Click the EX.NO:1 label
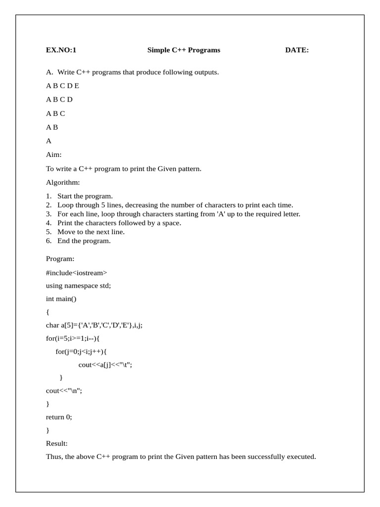click(61, 50)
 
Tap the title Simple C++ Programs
click(184, 50)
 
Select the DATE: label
click(297, 50)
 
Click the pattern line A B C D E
click(62, 86)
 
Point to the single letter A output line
click(48, 141)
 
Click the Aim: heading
click(53, 155)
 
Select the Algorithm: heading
click(63, 183)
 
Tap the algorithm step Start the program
click(85, 196)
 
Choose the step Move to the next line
click(91, 232)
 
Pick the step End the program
click(84, 241)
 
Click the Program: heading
click(60, 258)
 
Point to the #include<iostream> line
click(76, 272)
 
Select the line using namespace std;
click(78, 286)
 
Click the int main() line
click(61, 299)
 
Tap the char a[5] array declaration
click(94, 325)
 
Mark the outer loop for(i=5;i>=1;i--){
click(75, 339)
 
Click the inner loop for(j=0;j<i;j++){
click(81, 352)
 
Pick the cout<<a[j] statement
click(105, 365)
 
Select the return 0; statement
click(59, 417)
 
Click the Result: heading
click(57, 443)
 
